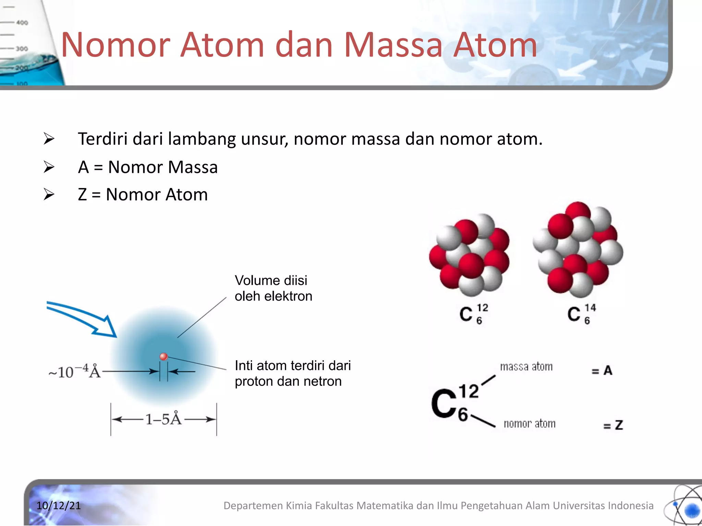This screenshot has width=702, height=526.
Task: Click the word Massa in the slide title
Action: tap(393, 45)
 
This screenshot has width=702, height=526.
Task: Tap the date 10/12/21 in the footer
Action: tap(59, 505)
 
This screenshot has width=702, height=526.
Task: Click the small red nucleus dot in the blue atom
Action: tap(164, 356)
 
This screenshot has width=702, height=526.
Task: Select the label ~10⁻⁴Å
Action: tap(74, 372)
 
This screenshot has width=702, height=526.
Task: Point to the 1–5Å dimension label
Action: tap(163, 419)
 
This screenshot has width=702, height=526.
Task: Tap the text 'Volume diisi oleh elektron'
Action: tap(273, 288)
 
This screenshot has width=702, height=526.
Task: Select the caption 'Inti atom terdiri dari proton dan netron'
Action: tap(292, 373)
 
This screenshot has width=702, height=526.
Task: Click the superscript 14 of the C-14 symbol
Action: tap(590, 308)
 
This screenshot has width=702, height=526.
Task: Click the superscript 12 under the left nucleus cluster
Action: tap(482, 308)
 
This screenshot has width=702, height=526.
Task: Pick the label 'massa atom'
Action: tap(526, 367)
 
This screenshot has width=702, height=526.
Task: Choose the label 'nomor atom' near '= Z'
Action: tap(529, 424)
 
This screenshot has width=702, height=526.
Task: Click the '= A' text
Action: tap(602, 371)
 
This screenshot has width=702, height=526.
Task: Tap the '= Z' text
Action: tap(613, 425)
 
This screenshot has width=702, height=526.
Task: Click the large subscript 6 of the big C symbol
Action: tap(463, 415)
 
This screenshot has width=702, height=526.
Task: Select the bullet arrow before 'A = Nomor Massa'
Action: tap(49, 167)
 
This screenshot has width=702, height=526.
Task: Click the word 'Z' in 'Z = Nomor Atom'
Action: tap(82, 195)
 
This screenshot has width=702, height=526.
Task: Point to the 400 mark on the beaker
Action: tap(22, 23)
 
